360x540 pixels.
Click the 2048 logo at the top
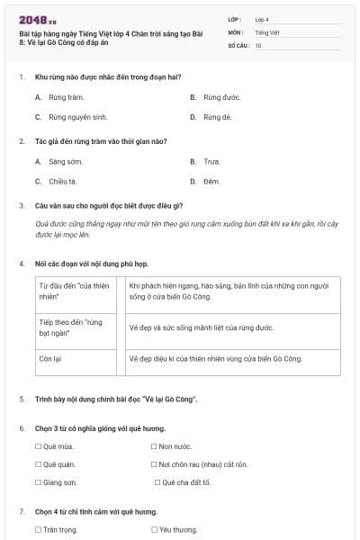pos(38,19)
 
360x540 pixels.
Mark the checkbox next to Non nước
pos(155,446)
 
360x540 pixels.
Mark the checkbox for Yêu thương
pos(155,530)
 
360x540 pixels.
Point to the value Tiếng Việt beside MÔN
pos(265,31)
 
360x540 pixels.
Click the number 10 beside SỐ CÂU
pos(258,45)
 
